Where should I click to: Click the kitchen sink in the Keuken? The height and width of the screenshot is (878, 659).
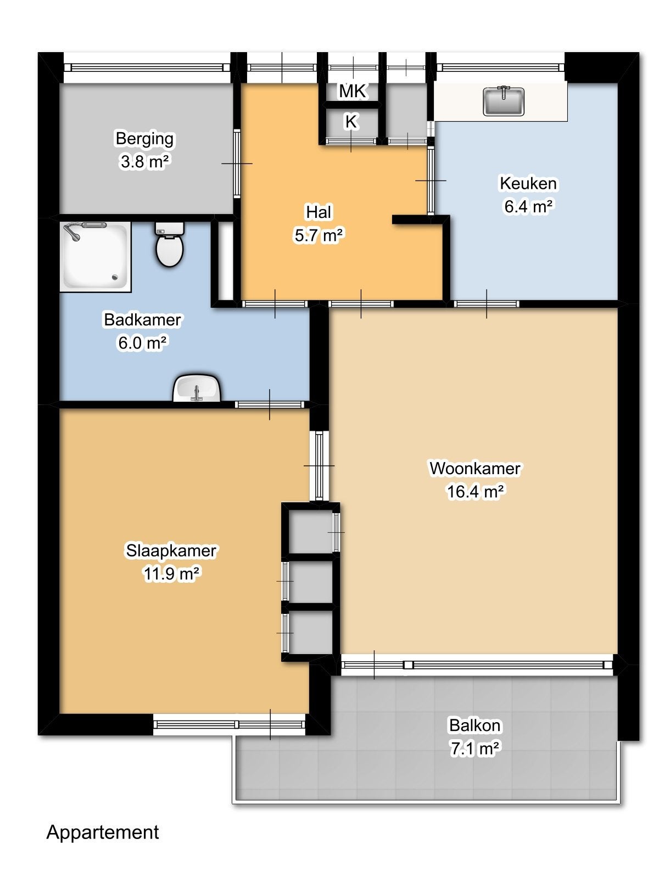point(504,102)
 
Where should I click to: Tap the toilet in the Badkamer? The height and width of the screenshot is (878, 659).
point(169,245)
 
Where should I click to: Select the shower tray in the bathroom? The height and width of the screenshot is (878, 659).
point(95,256)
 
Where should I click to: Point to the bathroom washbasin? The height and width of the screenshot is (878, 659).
point(197,389)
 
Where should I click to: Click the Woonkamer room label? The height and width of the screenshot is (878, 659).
point(474,468)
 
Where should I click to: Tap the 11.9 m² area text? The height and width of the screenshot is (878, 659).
point(171,573)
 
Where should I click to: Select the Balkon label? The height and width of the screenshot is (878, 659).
point(474,725)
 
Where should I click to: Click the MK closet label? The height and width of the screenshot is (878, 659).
point(352,91)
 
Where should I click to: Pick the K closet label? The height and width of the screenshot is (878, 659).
point(351,122)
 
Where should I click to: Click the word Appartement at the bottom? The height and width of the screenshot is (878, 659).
point(103,832)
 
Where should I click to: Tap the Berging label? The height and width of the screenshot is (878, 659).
point(144,138)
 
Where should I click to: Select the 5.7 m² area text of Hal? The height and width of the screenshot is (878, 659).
point(319,235)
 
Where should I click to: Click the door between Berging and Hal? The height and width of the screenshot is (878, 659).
point(237,164)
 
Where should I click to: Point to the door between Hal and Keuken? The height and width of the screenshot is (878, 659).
point(431,181)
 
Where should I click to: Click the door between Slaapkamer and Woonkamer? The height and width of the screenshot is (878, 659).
point(319,465)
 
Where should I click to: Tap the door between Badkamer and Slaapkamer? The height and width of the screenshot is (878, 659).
point(269,404)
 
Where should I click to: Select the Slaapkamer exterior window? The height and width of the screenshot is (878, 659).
point(229,724)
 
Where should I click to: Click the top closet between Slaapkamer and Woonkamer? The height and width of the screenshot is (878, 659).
point(310,532)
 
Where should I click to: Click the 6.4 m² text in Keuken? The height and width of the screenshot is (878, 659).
point(528,206)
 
